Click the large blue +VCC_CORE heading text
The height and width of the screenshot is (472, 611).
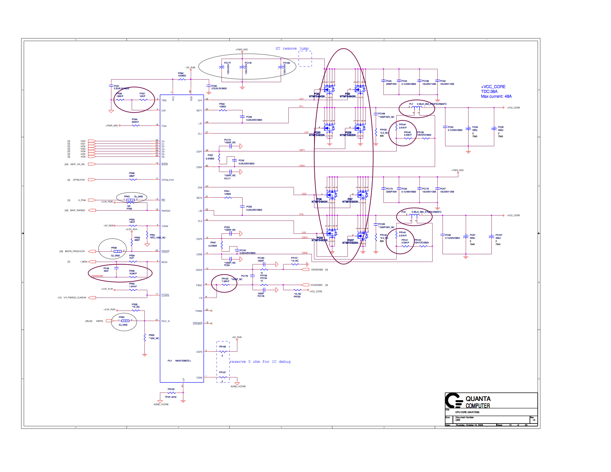[x=493, y=87]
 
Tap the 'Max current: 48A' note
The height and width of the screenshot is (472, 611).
[x=496, y=96]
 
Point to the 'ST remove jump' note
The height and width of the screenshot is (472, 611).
[x=292, y=48]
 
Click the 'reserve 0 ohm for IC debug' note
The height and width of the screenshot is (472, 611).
[x=260, y=362]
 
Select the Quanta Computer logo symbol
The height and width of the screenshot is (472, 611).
[x=454, y=401]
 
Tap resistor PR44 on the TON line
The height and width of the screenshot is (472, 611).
[x=136, y=125]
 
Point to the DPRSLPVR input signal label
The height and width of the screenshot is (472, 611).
[x=79, y=180]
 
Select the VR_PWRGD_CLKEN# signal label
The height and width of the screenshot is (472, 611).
[x=74, y=298]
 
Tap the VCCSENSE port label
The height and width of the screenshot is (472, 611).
[x=316, y=285]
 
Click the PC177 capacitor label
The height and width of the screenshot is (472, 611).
[x=227, y=63]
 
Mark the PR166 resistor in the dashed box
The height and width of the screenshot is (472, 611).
[x=223, y=351]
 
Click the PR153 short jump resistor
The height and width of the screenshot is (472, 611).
[x=171, y=393]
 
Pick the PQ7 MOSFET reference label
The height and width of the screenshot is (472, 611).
[x=350, y=199]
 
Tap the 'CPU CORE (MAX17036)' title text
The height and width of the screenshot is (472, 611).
[x=467, y=412]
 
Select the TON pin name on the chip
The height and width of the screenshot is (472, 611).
[x=164, y=126]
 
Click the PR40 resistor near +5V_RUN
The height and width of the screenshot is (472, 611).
[x=181, y=79]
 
